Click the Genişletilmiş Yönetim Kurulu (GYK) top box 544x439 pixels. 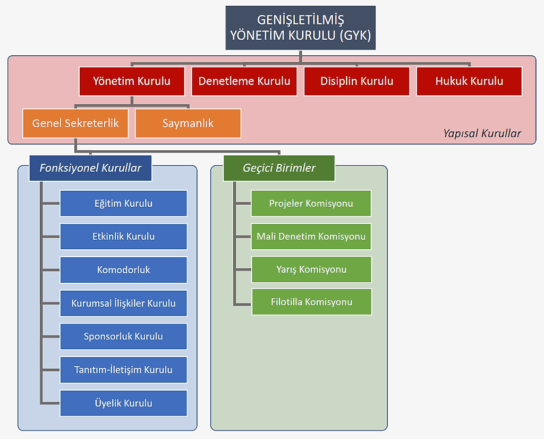coord(300,28)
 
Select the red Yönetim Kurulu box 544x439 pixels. coord(132,81)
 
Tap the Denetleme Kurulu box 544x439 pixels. coord(244,81)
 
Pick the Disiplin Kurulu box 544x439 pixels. coord(357,81)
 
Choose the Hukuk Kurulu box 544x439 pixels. coord(469,81)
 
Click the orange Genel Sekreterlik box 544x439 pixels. coord(75,123)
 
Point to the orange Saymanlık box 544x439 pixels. coord(188,123)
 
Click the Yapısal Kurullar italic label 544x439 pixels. coord(482,133)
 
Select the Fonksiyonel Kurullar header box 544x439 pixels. coord(90,168)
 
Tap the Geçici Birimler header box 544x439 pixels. coord(279,168)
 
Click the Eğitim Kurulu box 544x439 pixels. coord(123,204)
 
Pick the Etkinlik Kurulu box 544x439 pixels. coord(123,237)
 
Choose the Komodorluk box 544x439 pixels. coord(123,270)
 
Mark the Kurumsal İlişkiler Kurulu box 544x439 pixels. coord(123,303)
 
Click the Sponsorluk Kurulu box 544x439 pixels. coord(123,336)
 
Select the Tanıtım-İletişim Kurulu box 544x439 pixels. coord(123,370)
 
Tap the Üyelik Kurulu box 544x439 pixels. coord(123,403)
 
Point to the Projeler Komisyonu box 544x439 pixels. coord(311,204)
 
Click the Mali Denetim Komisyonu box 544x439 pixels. coord(311,237)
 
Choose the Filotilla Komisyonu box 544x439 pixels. coord(311,302)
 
